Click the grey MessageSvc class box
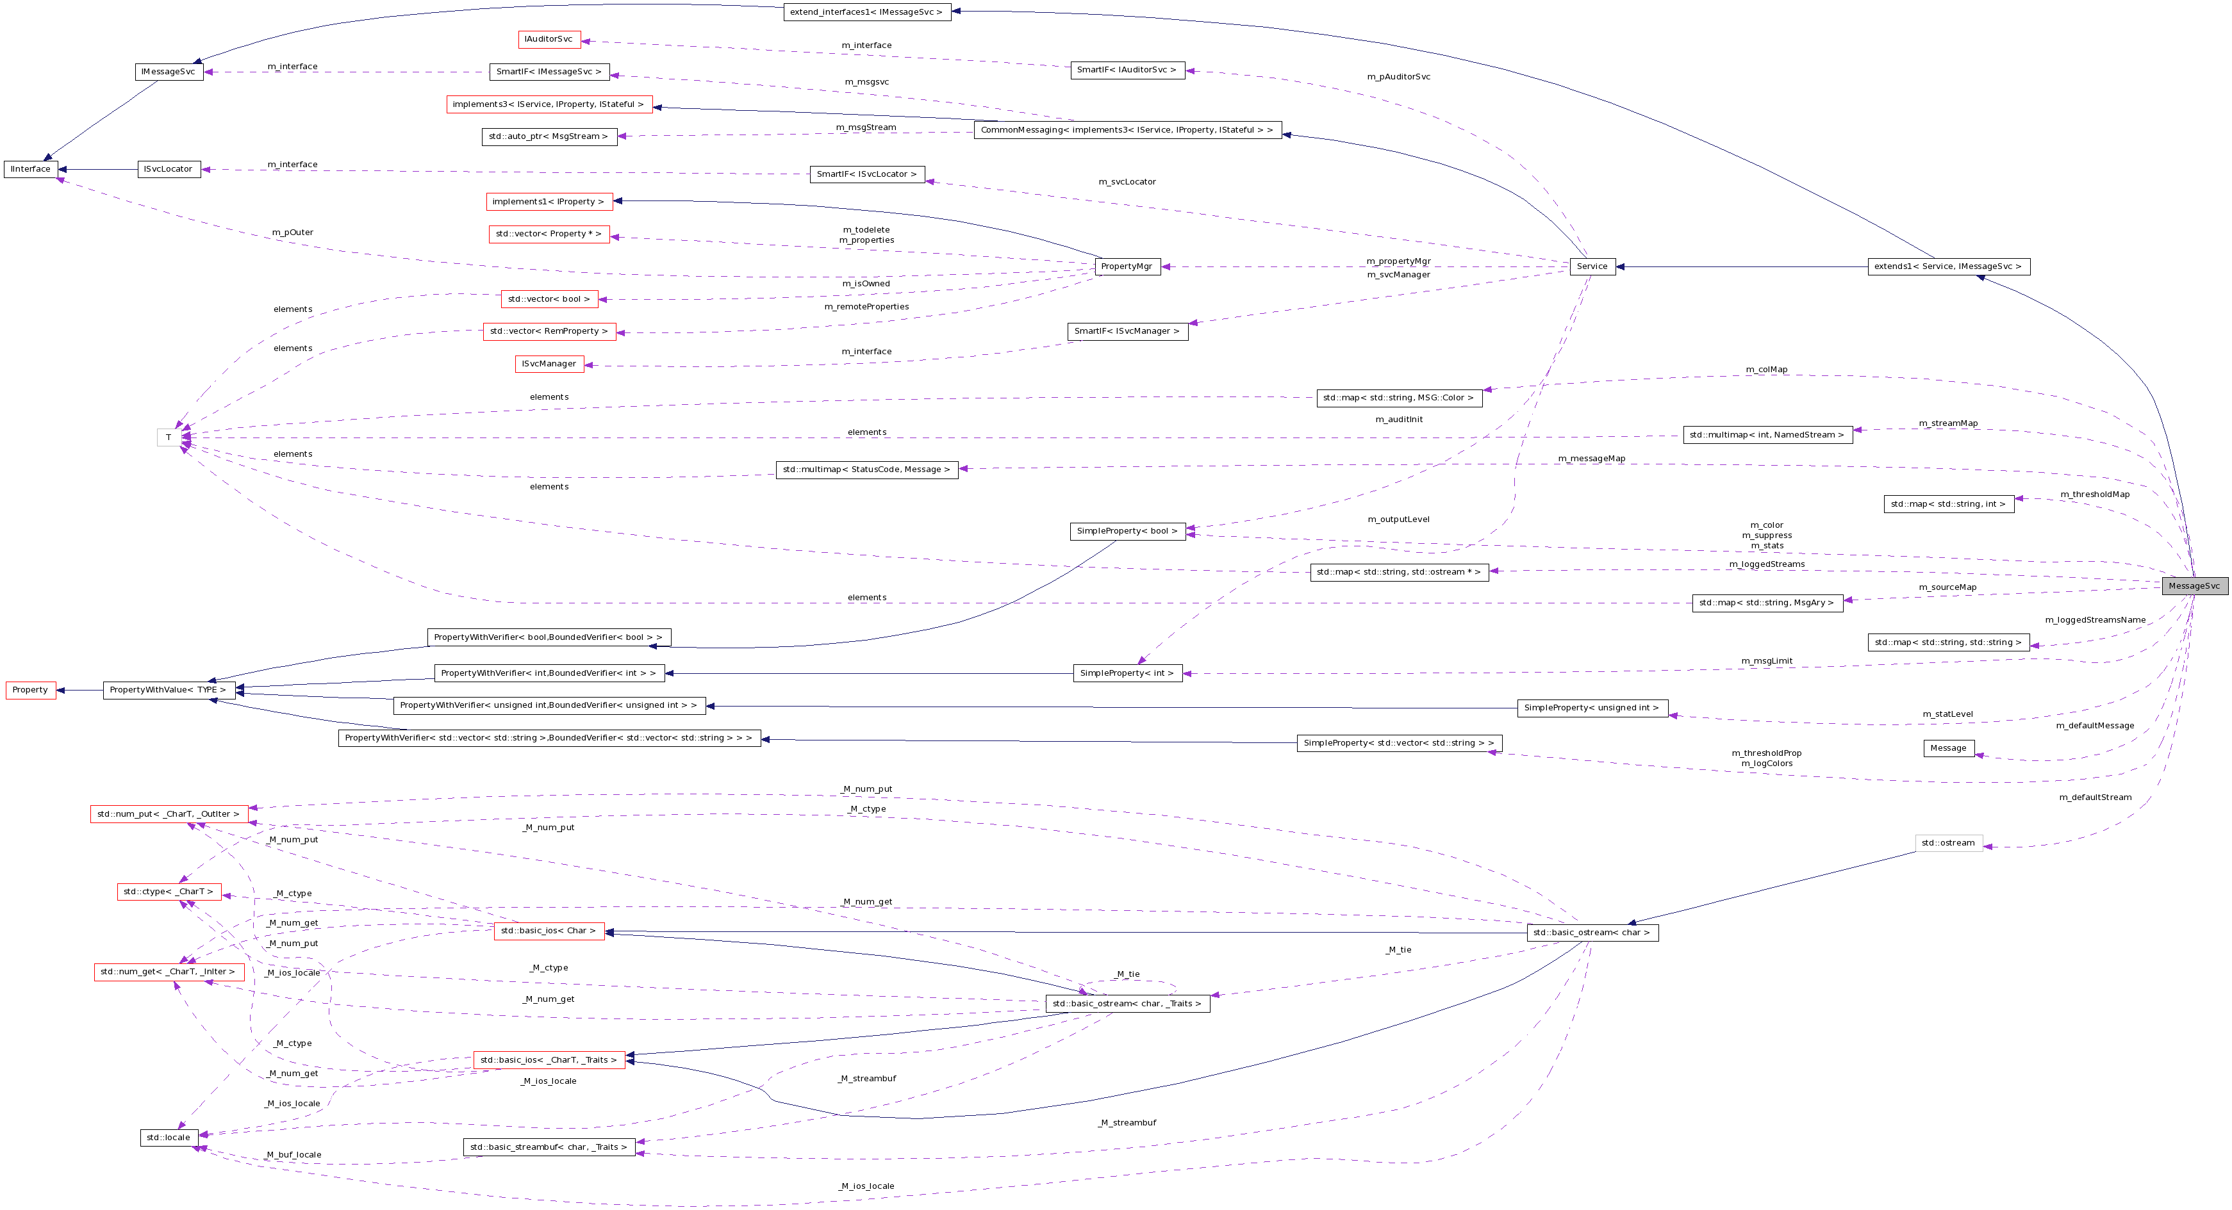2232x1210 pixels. click(x=2194, y=586)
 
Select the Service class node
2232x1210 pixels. click(x=1592, y=266)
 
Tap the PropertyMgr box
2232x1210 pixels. click(x=1127, y=266)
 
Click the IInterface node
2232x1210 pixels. click(x=30, y=170)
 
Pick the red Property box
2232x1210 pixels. click(x=30, y=691)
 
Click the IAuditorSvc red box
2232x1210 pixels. click(x=549, y=39)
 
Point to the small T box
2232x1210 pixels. click(x=169, y=437)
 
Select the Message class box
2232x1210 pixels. click(x=1948, y=748)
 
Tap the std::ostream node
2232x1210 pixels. click(x=1948, y=844)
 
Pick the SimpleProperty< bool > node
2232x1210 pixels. click(x=1127, y=531)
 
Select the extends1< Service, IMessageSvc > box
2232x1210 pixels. click(x=1948, y=266)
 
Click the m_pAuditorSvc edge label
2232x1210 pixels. click(x=1398, y=77)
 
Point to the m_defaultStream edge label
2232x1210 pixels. click(x=2095, y=797)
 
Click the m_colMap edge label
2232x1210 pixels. click(x=1766, y=370)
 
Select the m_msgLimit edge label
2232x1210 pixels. click(x=1767, y=662)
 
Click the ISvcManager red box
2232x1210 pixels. click(x=549, y=364)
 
